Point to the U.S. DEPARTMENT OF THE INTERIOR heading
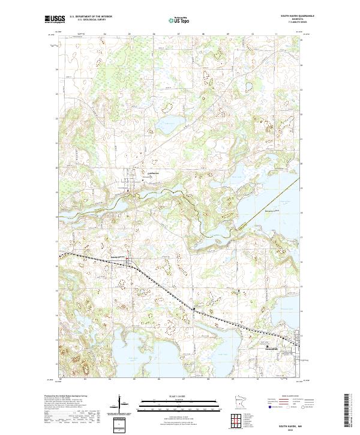pyautogui.click(x=90, y=16)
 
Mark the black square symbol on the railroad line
pyautogui.click(x=193, y=309)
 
